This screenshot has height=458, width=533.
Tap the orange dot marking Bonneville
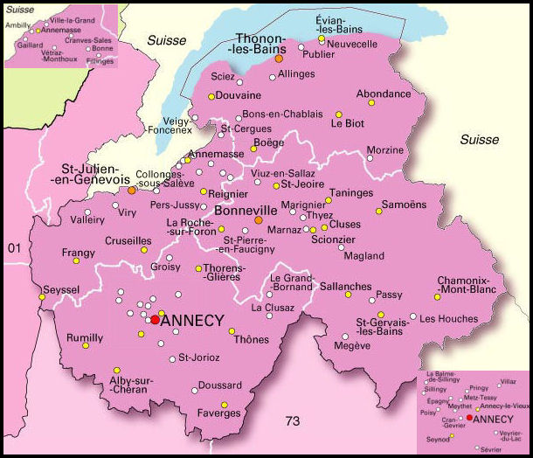(x=258, y=220)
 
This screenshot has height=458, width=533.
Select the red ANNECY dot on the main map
(x=155, y=320)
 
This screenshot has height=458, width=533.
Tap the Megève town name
(x=352, y=346)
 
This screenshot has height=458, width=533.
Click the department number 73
(x=293, y=421)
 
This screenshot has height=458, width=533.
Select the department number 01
(x=14, y=249)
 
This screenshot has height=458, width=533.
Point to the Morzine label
(x=384, y=149)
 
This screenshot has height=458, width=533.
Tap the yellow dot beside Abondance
(x=371, y=103)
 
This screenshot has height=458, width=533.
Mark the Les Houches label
(x=444, y=319)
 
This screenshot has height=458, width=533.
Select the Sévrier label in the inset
(x=490, y=448)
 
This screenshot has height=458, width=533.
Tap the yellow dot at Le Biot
(x=339, y=114)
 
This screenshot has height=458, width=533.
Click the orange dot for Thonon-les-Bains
(x=279, y=59)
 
